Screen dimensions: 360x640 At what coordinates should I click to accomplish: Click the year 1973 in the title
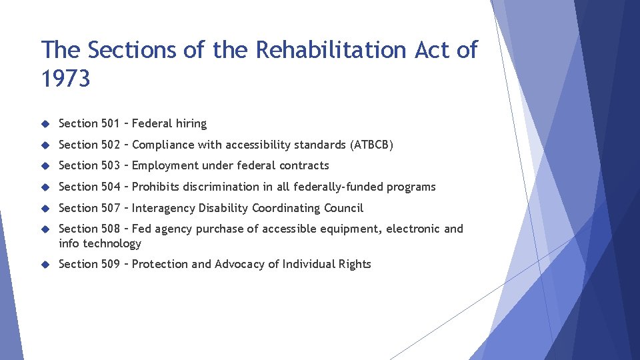[x=65, y=79]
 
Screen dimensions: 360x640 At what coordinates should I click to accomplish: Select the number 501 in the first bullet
[x=110, y=123]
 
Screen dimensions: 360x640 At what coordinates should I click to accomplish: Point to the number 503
[x=111, y=165]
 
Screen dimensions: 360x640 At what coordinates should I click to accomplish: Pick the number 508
[x=111, y=229]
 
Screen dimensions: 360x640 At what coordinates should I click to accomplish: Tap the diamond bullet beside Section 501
[x=45, y=123]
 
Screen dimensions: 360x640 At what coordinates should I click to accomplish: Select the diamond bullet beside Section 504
[x=45, y=187]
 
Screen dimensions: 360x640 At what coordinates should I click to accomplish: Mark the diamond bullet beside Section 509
[x=45, y=264]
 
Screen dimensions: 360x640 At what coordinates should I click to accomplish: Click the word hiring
[x=191, y=123]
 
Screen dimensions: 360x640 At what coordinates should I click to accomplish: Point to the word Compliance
[x=163, y=145]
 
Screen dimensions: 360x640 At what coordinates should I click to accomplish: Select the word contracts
[x=303, y=165]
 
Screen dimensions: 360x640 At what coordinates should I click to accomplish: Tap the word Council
[x=343, y=208]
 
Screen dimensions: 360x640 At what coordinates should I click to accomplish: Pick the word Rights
[x=354, y=264]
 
